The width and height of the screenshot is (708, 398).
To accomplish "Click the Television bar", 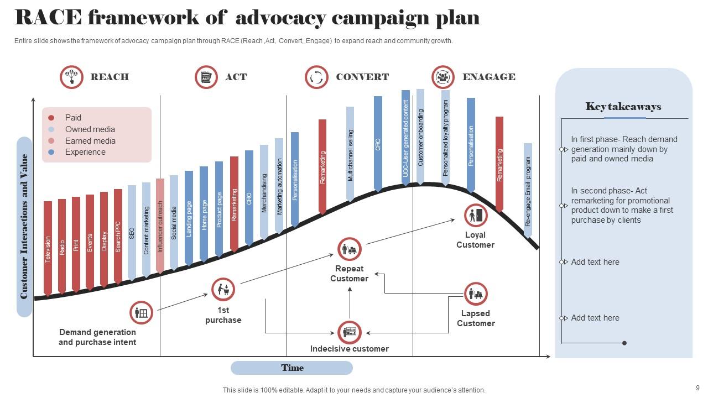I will [x=48, y=248].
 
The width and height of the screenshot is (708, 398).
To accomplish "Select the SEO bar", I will [x=132, y=232].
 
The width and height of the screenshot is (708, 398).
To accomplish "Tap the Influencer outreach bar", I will [x=160, y=226].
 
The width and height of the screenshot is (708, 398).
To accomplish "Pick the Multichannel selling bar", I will [x=350, y=154].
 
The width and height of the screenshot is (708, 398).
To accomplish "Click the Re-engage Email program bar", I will [x=528, y=190].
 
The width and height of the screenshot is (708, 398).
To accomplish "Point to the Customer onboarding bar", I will [x=420, y=136].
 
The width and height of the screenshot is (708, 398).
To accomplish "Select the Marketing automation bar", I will [x=279, y=185].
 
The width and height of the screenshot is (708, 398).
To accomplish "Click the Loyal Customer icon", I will [x=475, y=216].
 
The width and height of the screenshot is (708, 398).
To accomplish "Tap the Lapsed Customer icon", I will [x=475, y=294].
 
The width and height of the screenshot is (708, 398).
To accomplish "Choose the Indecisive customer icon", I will [x=349, y=332].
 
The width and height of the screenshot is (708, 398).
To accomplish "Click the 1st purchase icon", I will [x=223, y=289].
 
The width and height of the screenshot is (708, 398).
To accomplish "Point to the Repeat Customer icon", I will [x=349, y=249].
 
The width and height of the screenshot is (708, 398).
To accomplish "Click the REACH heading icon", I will [x=71, y=77].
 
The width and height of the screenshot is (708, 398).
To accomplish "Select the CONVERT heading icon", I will [x=316, y=77].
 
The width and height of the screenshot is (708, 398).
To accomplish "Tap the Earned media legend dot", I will [x=51, y=141].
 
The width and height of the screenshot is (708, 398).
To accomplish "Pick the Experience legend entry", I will [x=85, y=152].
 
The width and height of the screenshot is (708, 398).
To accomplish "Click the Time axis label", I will [x=291, y=368].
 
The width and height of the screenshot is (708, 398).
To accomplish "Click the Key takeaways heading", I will [x=623, y=107].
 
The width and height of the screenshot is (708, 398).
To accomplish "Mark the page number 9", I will [x=697, y=388].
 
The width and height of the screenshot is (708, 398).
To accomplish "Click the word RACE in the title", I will [x=48, y=18].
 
